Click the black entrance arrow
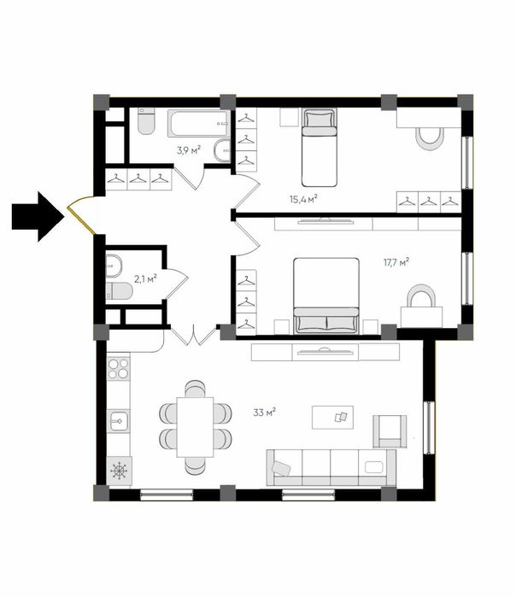click(38, 217)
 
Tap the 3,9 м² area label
click(189, 150)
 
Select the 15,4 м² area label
click(303, 199)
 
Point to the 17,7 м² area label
click(396, 262)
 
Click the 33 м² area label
click(264, 412)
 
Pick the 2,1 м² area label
click(145, 279)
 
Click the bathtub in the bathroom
click(199, 123)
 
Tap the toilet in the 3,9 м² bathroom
click(146, 121)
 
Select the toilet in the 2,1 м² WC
click(120, 291)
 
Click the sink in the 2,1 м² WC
click(114, 266)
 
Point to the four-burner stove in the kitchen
click(118, 369)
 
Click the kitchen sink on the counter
click(118, 421)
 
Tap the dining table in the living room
click(195, 427)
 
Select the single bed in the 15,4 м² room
click(320, 148)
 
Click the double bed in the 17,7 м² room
click(326, 296)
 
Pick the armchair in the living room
click(390, 431)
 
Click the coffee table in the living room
click(332, 418)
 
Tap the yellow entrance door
click(81, 215)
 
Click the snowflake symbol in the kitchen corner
click(119, 471)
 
